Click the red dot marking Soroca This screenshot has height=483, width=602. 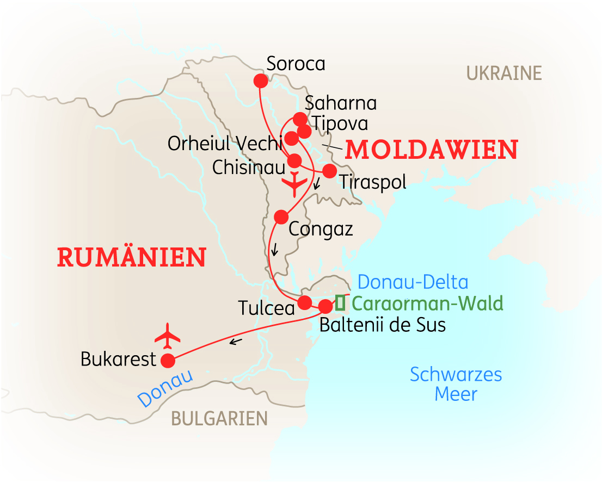261,81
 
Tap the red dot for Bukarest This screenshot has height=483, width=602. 168,360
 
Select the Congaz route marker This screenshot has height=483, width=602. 281,217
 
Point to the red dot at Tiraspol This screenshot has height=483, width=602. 329,171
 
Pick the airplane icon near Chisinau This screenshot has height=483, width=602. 294,184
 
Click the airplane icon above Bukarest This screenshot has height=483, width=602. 168,336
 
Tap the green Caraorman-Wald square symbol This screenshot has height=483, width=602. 340,302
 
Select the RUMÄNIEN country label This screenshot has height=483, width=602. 132,257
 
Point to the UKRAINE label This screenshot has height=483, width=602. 504,73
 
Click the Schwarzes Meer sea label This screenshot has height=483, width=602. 456,384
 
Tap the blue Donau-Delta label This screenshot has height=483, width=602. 413,282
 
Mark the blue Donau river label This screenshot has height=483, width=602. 165,388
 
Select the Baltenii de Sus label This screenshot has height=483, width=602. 382,325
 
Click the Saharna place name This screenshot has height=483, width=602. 341,103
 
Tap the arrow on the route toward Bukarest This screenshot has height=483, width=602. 235,342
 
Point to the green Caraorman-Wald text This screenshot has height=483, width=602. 427,303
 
